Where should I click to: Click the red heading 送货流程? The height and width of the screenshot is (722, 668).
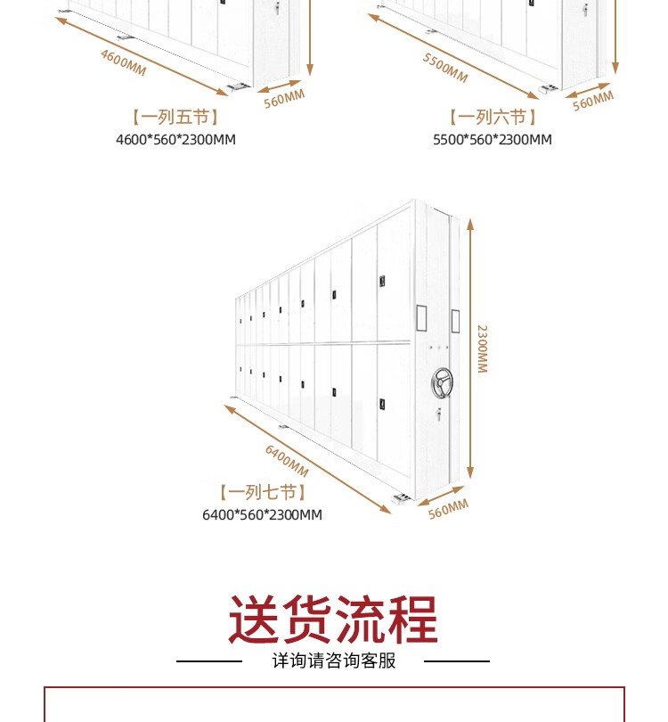click(x=333, y=619)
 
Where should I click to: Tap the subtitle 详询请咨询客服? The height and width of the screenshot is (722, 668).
click(x=333, y=660)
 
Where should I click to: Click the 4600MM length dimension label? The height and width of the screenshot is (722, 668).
click(x=123, y=62)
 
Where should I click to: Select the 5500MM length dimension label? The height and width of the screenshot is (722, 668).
click(x=445, y=68)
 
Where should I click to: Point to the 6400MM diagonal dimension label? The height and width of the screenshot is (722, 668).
click(x=287, y=461)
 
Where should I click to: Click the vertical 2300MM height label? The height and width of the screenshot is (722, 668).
click(x=482, y=349)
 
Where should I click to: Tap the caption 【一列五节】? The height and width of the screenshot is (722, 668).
click(x=175, y=117)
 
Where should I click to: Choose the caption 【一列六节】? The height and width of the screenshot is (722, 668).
click(x=493, y=117)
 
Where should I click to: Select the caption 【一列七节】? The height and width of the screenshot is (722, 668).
click(x=263, y=492)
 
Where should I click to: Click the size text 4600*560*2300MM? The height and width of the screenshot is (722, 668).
click(x=175, y=140)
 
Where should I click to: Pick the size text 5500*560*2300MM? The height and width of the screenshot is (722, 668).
click(x=493, y=140)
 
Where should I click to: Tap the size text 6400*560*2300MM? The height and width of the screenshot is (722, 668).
click(x=262, y=515)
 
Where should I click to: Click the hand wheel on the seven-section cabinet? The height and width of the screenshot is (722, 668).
click(x=442, y=382)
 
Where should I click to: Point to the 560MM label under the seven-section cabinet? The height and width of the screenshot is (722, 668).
click(x=448, y=509)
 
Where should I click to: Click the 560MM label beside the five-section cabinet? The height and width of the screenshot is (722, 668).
click(x=284, y=99)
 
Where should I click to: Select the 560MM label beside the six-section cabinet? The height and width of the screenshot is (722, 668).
click(x=593, y=101)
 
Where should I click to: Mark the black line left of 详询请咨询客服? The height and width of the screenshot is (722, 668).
click(x=209, y=661)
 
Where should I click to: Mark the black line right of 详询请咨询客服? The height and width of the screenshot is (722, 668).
click(x=457, y=661)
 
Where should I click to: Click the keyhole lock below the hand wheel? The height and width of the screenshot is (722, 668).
click(x=439, y=414)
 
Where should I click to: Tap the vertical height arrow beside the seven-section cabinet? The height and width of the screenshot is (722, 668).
click(x=470, y=349)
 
